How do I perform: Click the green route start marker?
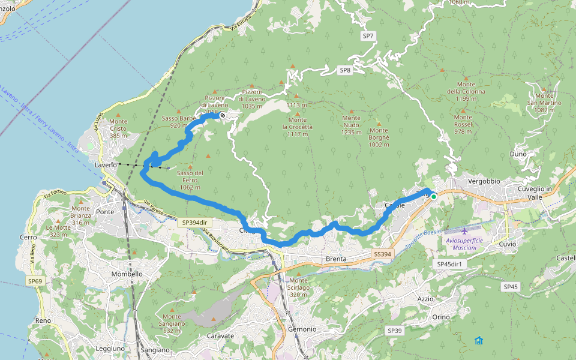tap(434, 196)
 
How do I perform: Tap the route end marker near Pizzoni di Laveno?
tap(223, 115)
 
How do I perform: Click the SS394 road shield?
tap(382, 254)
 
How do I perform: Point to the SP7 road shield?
tap(368, 36)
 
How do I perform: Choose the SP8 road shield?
tap(344, 70)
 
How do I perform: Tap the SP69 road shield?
tap(35, 281)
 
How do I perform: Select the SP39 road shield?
tap(394, 331)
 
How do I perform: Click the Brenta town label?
tap(337, 259)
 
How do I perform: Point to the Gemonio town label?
tap(302, 329)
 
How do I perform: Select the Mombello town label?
tap(127, 274)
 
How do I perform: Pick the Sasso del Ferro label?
tap(190, 181)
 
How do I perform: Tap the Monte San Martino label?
tap(544, 103)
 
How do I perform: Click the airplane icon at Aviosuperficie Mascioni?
tap(465, 230)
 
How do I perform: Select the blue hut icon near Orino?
tap(478, 340)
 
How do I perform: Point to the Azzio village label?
tap(425, 298)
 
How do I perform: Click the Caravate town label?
tap(220, 336)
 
